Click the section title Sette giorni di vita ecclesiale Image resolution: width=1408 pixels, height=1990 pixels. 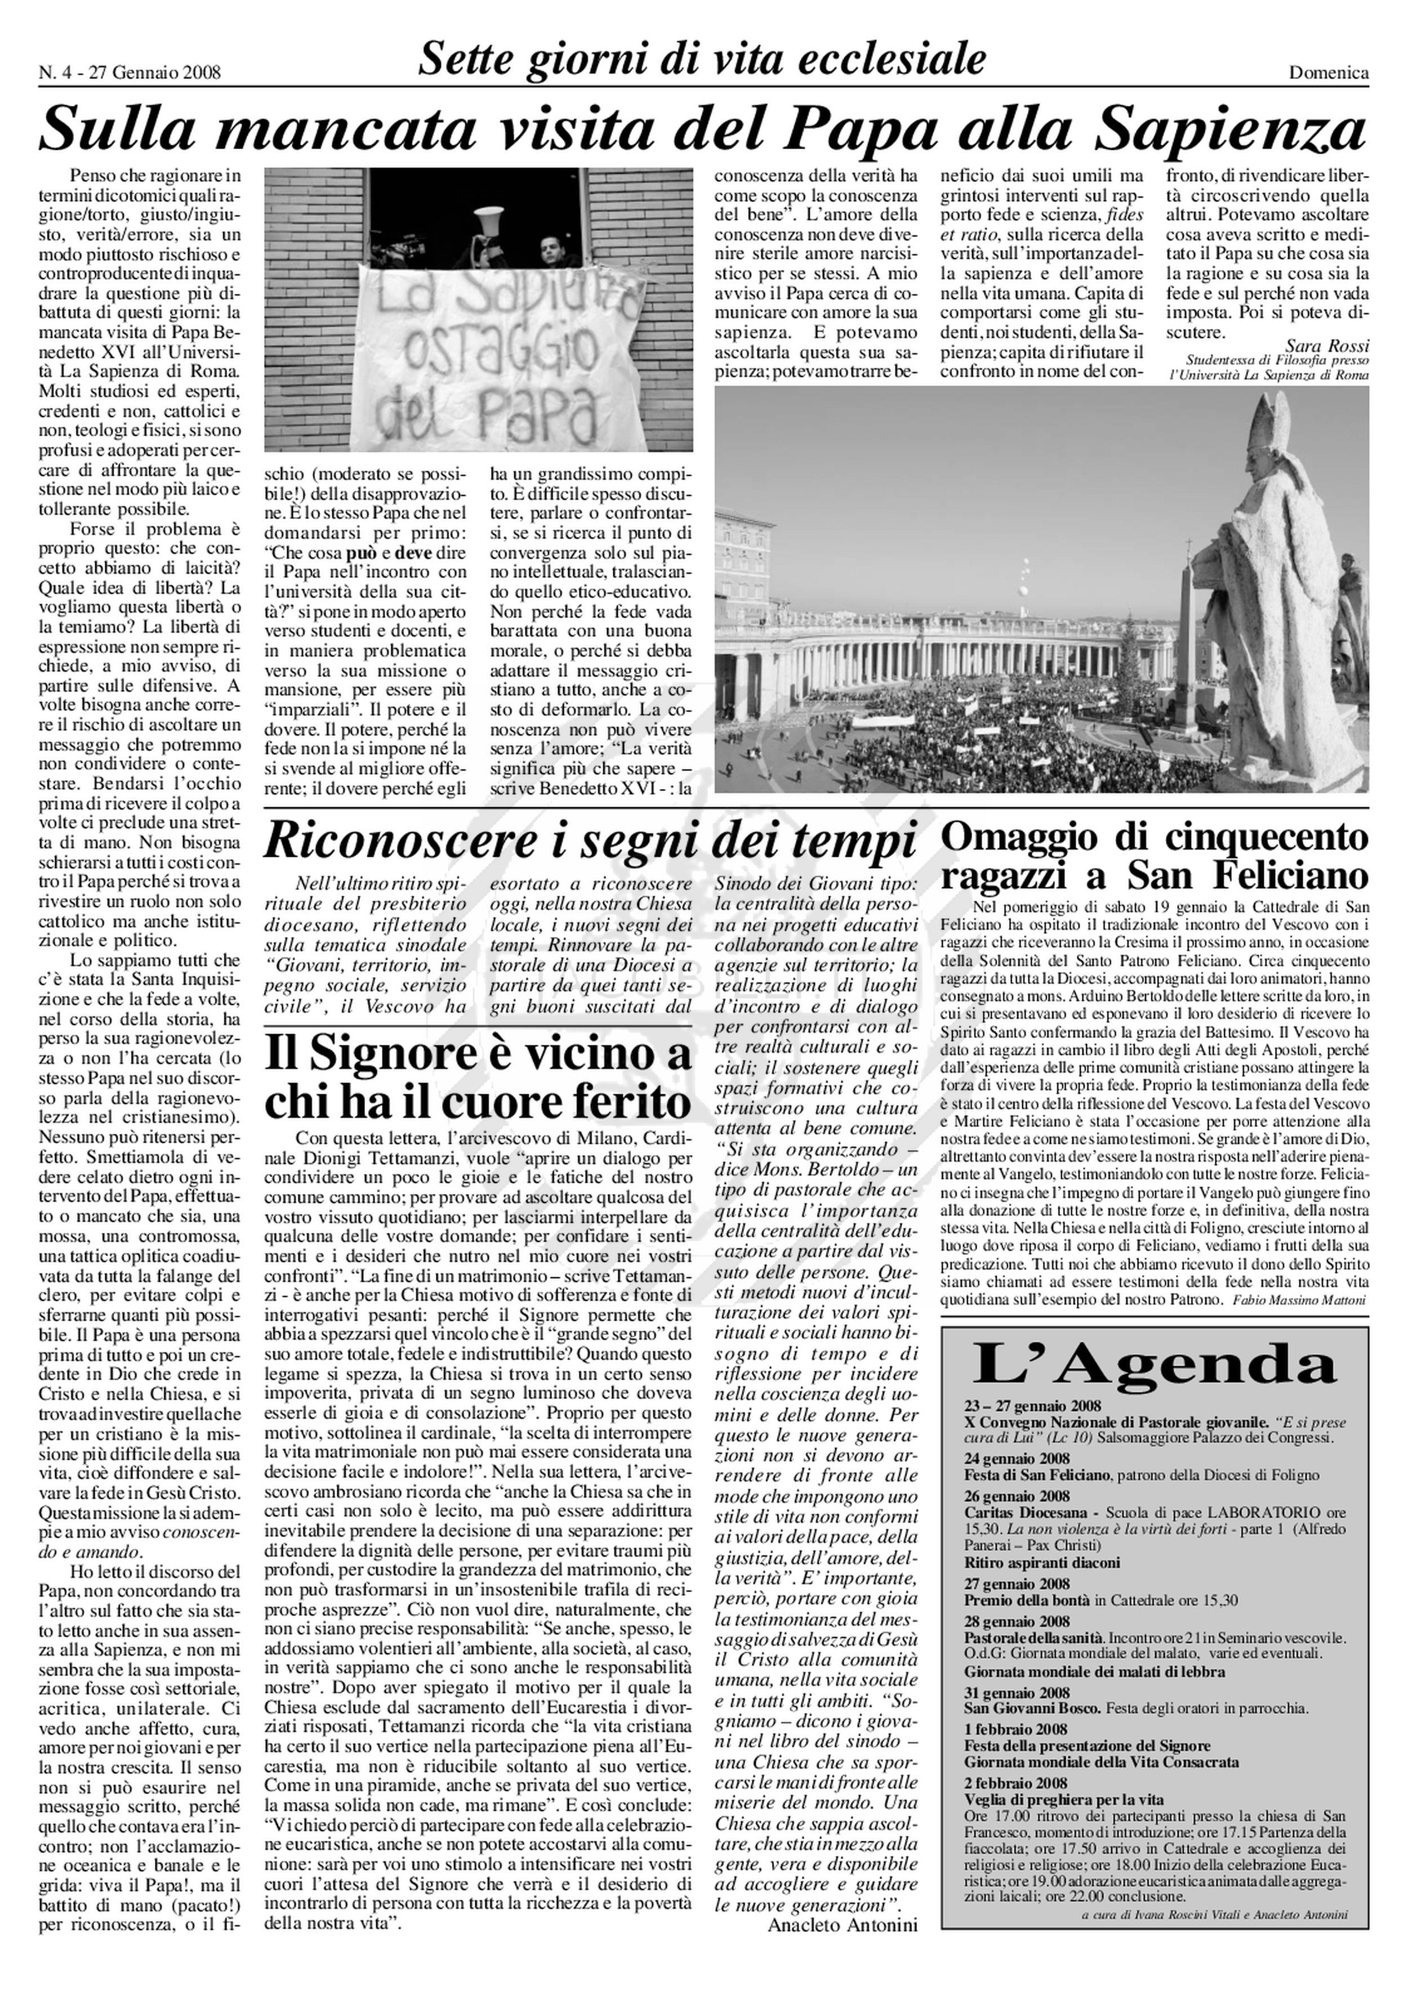pos(702,59)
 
